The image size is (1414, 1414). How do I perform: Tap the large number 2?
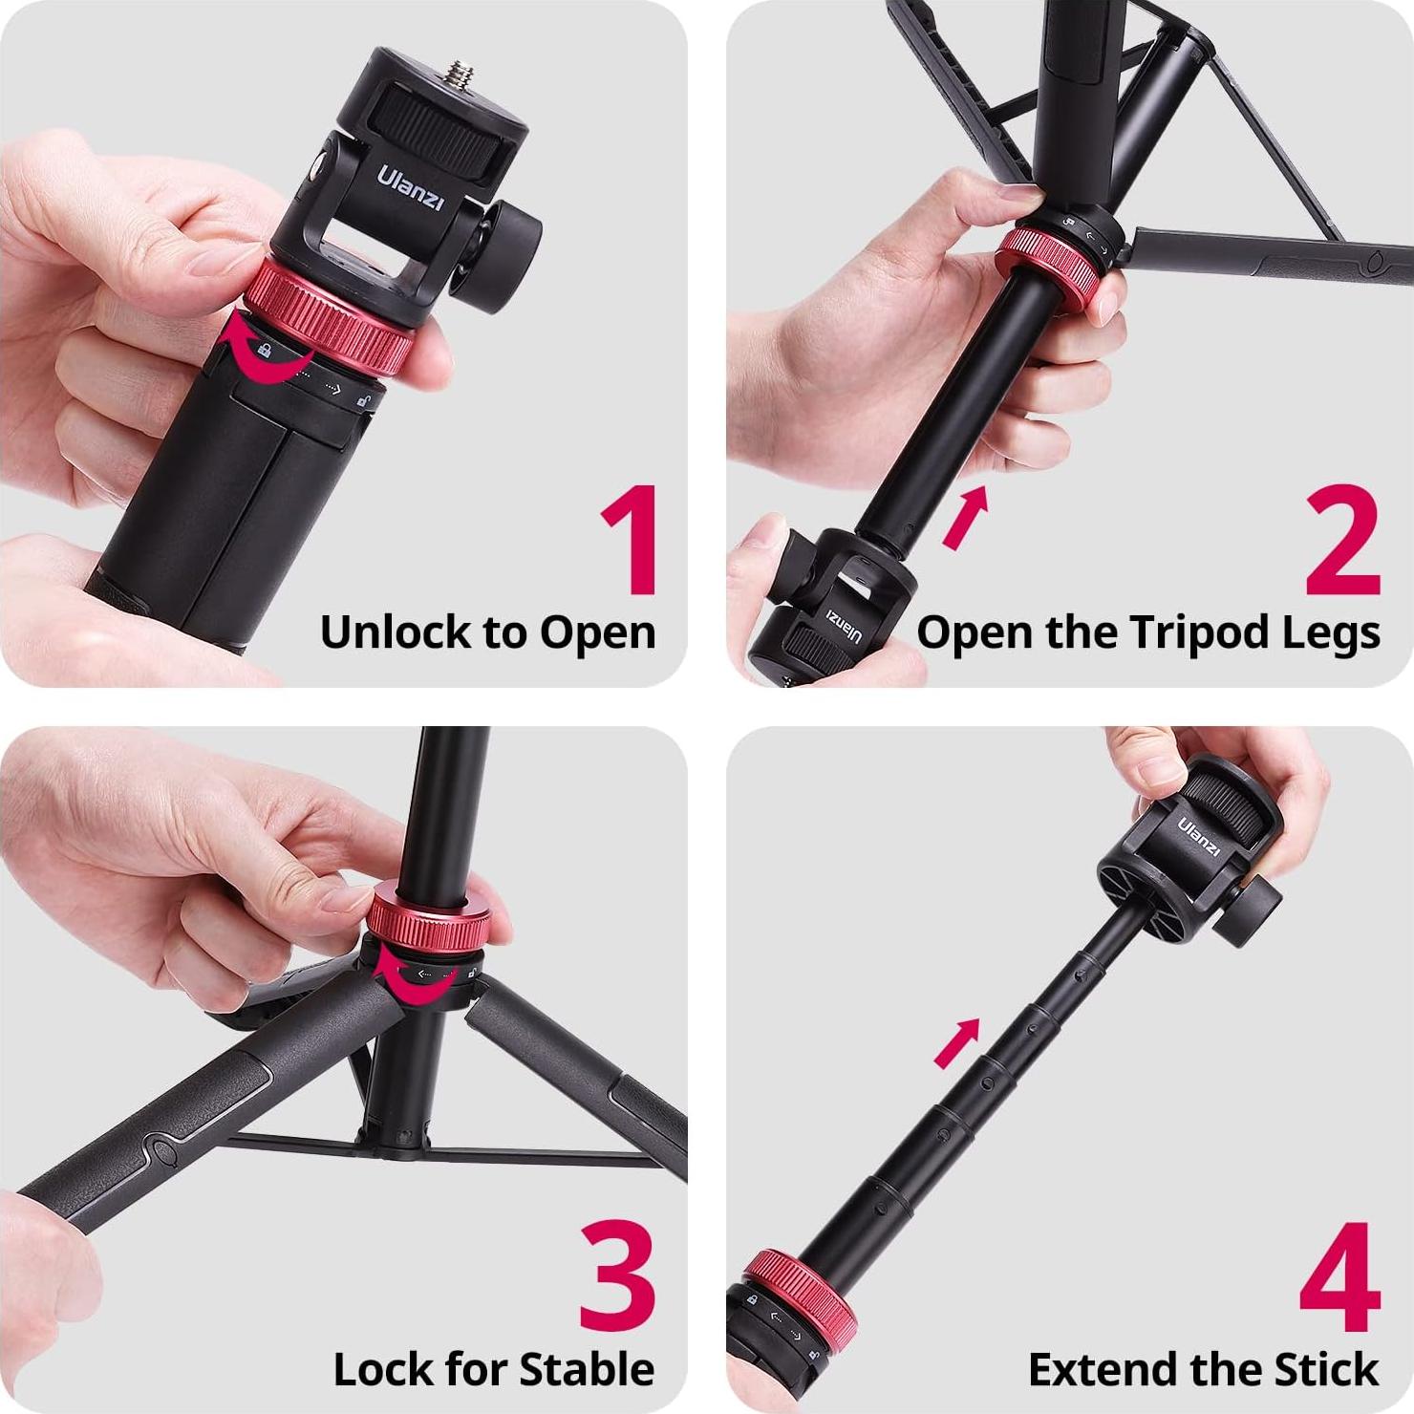pos(1342,541)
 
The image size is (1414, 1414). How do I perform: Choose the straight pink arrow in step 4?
pos(957,1042)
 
